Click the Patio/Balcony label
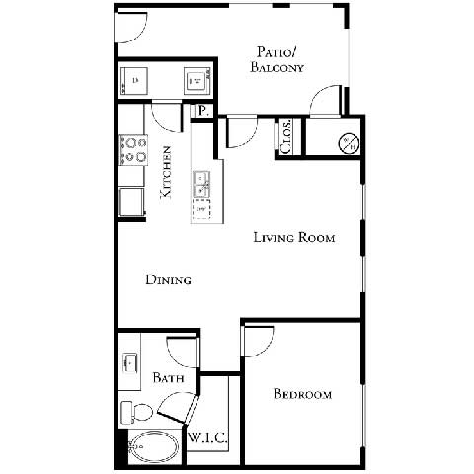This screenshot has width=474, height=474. [x=277, y=60]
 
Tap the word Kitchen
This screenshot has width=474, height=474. [x=168, y=173]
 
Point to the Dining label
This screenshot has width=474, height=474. [x=168, y=280]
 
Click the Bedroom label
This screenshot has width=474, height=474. [x=302, y=395]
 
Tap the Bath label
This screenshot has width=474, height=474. [x=166, y=378]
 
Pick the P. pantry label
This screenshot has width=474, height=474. [x=202, y=111]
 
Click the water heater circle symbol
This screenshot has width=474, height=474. [x=349, y=142]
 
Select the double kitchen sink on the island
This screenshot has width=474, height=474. [x=201, y=183]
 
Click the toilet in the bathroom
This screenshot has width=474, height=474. [x=133, y=409]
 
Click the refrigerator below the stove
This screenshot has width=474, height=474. [x=129, y=200]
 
